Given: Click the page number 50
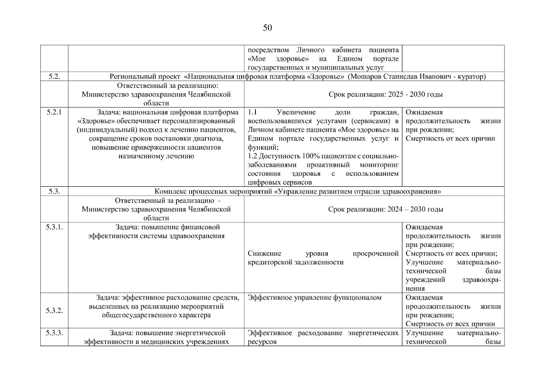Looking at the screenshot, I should coord(267,28).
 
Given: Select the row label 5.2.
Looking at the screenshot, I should coord(54,77).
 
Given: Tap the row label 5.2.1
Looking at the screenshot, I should coord(54,112).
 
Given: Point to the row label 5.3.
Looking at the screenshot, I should coord(54,192).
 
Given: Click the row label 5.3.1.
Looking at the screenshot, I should coord(54,227).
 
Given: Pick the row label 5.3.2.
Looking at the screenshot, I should coord(54,311).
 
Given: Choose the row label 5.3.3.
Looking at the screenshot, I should coord(54,333).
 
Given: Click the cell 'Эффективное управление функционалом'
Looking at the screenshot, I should coord(314,298).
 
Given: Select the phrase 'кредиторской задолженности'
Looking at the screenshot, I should coord(296,262).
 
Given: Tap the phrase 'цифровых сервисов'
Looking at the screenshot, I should coord(280,182).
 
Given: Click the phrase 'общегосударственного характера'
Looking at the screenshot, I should coord(156,315).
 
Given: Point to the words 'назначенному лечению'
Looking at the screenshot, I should coord(156,156).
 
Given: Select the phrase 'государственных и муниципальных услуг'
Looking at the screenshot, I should coord(316,68).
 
